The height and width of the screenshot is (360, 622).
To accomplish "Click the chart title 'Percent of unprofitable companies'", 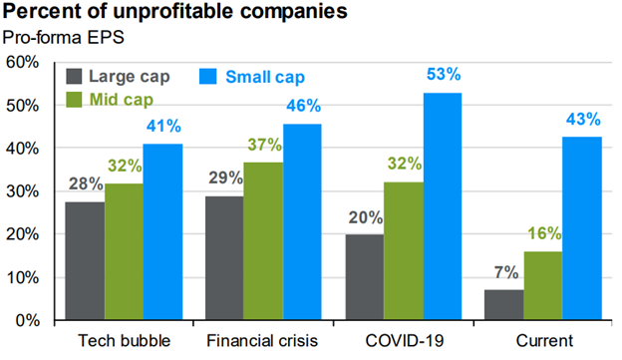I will (x=173, y=14).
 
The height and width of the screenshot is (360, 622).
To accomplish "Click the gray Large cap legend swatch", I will (x=74, y=77).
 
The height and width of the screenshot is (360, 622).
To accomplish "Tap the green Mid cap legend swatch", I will (x=74, y=100).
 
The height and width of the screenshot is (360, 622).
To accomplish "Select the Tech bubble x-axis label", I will (x=123, y=342).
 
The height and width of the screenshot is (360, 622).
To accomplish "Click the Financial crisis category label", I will (x=263, y=342).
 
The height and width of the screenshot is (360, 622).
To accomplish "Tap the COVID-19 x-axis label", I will (x=404, y=342).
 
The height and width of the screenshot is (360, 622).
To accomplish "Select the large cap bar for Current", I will (x=504, y=304).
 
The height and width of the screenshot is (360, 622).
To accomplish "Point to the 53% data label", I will (x=443, y=75).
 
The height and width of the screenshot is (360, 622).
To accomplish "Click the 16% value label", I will (x=543, y=233).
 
